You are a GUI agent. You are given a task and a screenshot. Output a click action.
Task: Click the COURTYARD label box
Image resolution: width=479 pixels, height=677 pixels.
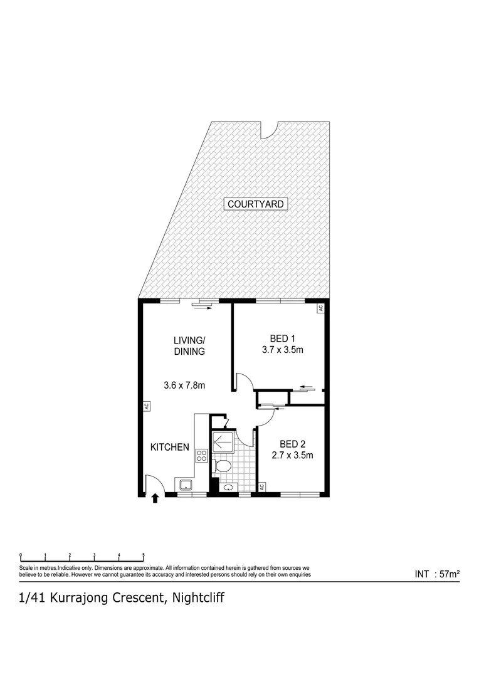[256, 204]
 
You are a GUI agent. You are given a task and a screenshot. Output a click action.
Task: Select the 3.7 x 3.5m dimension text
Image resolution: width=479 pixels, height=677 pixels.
[282, 350]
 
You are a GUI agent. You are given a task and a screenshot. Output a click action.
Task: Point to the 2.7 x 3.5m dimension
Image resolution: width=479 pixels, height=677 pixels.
[292, 456]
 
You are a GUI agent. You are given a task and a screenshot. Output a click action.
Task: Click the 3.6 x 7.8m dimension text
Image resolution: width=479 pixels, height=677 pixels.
[184, 386]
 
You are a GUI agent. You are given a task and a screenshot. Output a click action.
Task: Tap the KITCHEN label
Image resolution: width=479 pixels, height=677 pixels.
[169, 447]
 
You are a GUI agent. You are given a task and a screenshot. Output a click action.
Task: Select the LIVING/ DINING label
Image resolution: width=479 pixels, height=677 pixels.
[189, 345]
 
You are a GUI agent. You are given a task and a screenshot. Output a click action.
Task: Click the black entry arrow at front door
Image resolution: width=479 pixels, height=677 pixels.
[155, 499]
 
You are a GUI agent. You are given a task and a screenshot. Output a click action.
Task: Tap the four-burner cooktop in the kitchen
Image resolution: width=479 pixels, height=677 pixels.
[201, 456]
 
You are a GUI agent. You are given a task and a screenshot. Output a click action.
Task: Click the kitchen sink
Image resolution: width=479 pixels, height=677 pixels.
[186, 484]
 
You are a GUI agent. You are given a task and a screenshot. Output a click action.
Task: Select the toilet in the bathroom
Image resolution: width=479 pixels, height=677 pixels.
[222, 466]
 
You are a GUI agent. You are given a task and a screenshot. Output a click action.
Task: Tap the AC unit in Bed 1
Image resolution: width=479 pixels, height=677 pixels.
[320, 308]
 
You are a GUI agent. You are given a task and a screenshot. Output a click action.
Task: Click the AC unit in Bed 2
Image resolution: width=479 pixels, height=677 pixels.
[261, 487]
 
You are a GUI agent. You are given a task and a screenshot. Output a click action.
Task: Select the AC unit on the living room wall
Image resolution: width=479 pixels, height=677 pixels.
[145, 406]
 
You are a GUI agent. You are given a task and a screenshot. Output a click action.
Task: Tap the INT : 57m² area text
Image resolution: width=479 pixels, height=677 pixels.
[438, 574]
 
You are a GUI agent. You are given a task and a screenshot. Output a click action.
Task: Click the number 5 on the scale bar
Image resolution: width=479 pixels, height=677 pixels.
[143, 555]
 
